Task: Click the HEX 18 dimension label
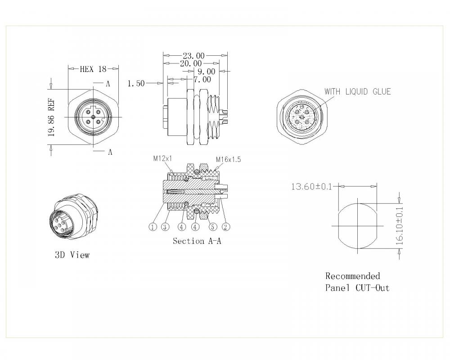pyautogui.click(x=93, y=69)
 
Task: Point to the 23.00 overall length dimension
pyautogui.click(x=193, y=56)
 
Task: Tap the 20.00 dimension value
pyautogui.click(x=191, y=64)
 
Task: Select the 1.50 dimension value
pyautogui.click(x=136, y=84)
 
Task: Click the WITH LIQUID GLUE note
pyautogui.click(x=358, y=92)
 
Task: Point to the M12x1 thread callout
pyautogui.click(x=163, y=158)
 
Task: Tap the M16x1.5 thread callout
pyautogui.click(x=229, y=160)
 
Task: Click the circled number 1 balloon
pyautogui.click(x=153, y=227)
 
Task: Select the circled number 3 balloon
pyautogui.click(x=166, y=227)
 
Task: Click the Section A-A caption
pyautogui.click(x=197, y=241)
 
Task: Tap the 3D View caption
pyautogui.click(x=72, y=255)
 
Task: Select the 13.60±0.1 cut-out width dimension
pyautogui.click(x=311, y=186)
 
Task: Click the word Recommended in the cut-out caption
pyautogui.click(x=352, y=276)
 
